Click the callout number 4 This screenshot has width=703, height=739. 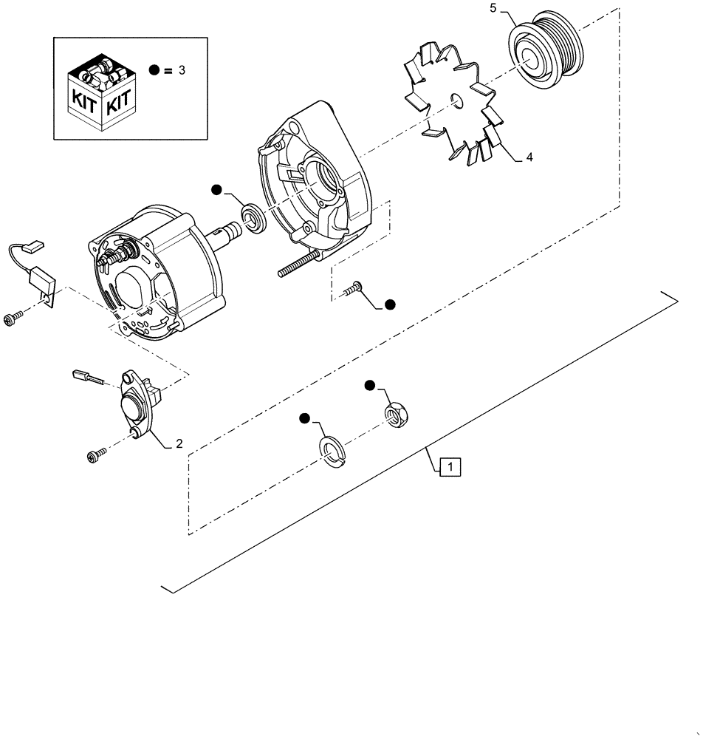coord(529,157)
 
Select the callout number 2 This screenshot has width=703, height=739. coord(179,444)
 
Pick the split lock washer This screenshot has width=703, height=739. coord(333,450)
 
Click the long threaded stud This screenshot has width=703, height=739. coord(298,265)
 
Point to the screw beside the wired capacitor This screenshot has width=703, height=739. coord(14,319)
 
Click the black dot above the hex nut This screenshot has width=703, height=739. coord(370,385)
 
